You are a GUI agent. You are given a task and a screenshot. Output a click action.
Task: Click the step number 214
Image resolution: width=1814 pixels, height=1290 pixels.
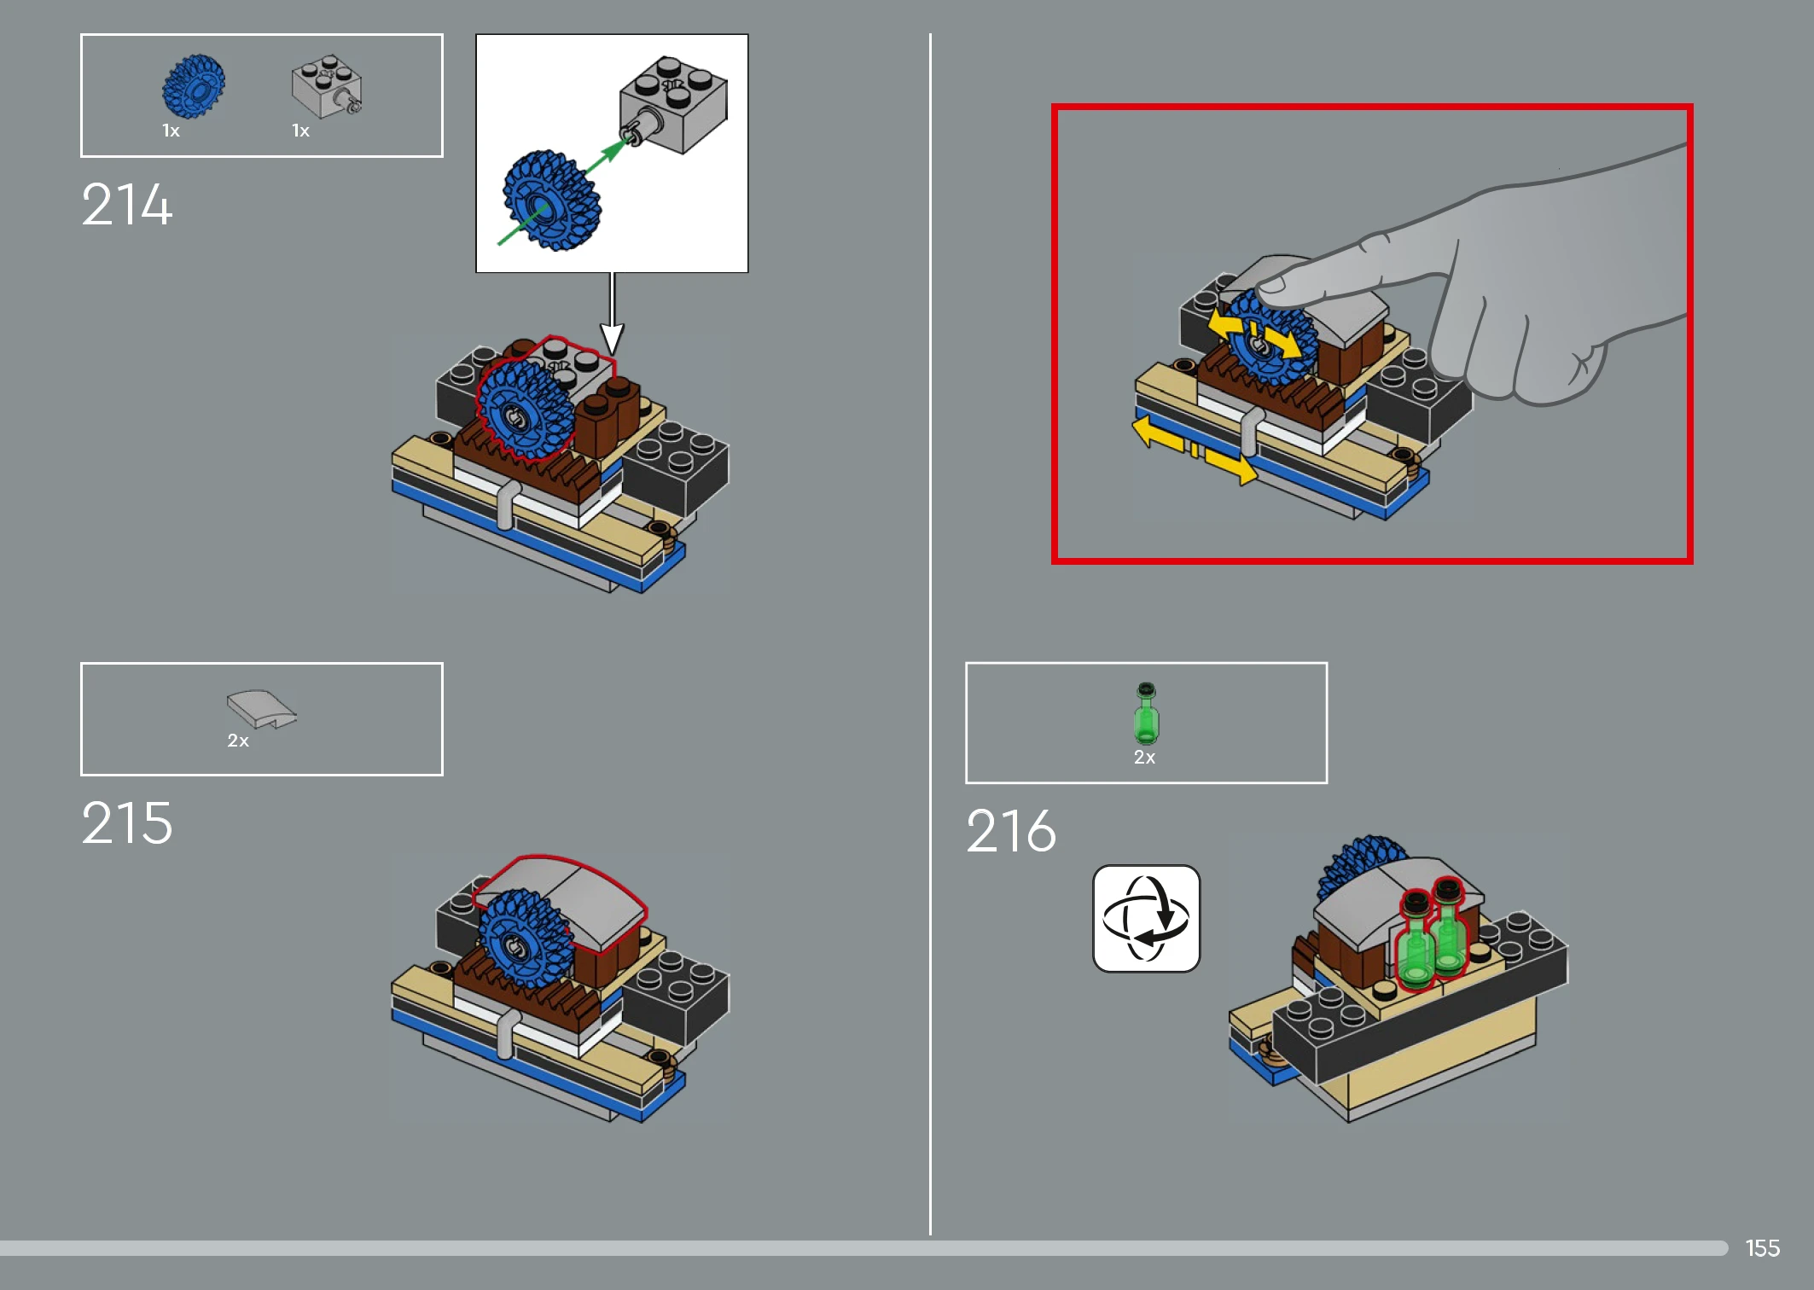point(127,205)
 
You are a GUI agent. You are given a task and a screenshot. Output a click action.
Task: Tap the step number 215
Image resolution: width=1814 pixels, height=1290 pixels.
point(127,823)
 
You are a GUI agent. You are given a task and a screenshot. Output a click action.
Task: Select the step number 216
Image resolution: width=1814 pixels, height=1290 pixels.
point(1011,831)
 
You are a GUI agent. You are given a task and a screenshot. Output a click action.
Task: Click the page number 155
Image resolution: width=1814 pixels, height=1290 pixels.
point(1762,1248)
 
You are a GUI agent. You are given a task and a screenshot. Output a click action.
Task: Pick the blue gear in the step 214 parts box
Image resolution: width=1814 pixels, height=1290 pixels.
point(194,86)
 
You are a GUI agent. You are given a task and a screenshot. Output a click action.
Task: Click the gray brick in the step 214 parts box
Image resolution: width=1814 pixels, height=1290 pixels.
point(327,86)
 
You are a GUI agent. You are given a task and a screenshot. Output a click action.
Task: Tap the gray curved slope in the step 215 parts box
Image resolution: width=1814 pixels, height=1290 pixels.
point(261,709)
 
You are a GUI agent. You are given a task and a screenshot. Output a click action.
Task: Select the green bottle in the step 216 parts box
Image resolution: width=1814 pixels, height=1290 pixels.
point(1146,713)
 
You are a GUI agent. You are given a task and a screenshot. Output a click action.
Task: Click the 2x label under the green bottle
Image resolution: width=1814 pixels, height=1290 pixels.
point(1144,758)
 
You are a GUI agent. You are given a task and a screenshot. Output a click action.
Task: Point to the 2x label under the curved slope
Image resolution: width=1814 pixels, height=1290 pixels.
point(238,741)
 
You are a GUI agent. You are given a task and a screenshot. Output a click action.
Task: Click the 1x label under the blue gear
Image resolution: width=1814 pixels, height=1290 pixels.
point(171,131)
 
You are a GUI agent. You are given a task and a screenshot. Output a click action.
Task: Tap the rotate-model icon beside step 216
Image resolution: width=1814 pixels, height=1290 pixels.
point(1146,919)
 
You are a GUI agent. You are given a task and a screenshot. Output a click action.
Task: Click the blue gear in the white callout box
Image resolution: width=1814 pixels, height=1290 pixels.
point(551,200)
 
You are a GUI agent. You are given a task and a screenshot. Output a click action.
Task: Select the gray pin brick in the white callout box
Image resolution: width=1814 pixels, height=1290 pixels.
point(674,105)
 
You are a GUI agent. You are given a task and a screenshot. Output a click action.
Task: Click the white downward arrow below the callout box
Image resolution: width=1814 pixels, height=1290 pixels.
point(612,314)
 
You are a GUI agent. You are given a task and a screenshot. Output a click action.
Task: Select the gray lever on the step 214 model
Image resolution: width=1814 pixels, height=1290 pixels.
point(506,505)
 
